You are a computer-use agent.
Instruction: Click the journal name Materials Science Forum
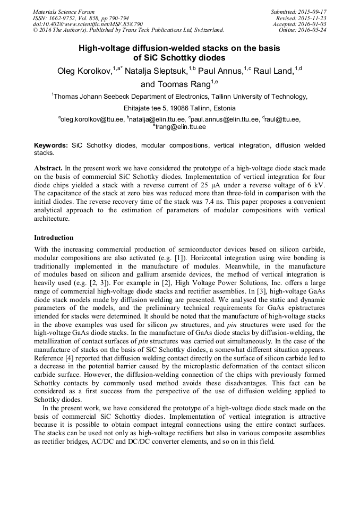pos(64,12)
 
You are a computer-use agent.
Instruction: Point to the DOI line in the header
pos(88,24)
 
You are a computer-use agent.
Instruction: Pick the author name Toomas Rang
pos(175,84)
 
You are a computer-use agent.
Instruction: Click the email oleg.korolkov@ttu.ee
pos(92,120)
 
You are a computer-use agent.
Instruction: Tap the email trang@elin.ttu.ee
pos(181,127)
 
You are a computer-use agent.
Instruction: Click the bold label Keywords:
pos(51,145)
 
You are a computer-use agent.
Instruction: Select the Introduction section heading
pos(54,238)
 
